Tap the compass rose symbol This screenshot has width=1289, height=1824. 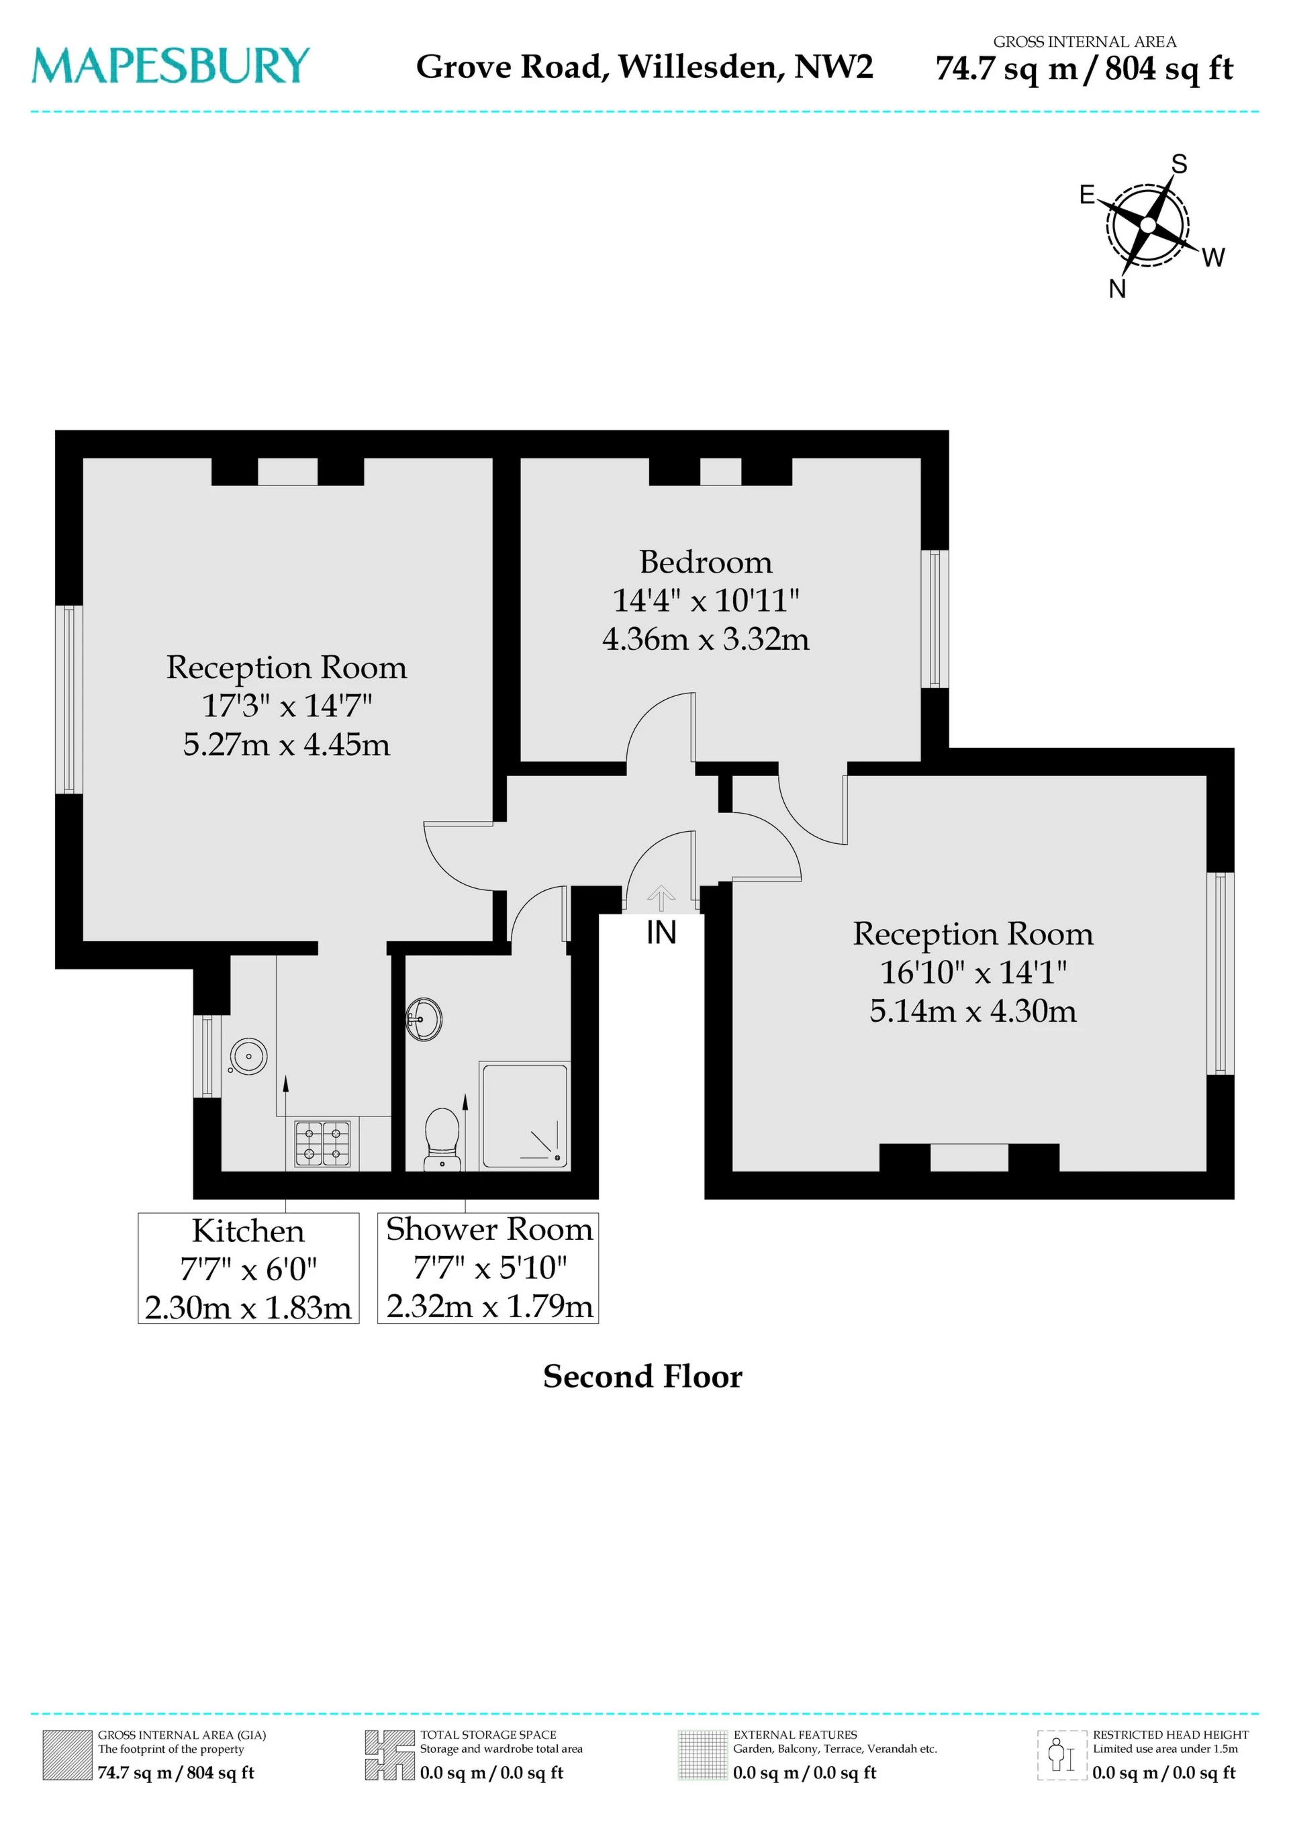pos(1147,226)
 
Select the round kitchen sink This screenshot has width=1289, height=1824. pos(249,1056)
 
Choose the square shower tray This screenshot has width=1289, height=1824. pos(524,1115)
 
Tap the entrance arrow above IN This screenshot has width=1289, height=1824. pos(661,898)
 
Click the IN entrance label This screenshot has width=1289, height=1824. pos(661,932)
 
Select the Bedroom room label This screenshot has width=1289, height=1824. pos(706,563)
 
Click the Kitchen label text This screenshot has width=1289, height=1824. pos(248,1231)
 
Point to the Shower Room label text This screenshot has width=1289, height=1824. pos(489,1230)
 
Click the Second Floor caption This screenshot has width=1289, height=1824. pos(642,1377)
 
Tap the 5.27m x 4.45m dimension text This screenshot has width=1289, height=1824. pos(286,745)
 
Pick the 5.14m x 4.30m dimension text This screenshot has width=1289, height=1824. pos(973,1010)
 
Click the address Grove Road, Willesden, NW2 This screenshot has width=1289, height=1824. pos(644,66)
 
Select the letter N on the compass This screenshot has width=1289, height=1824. pos(1117,289)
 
